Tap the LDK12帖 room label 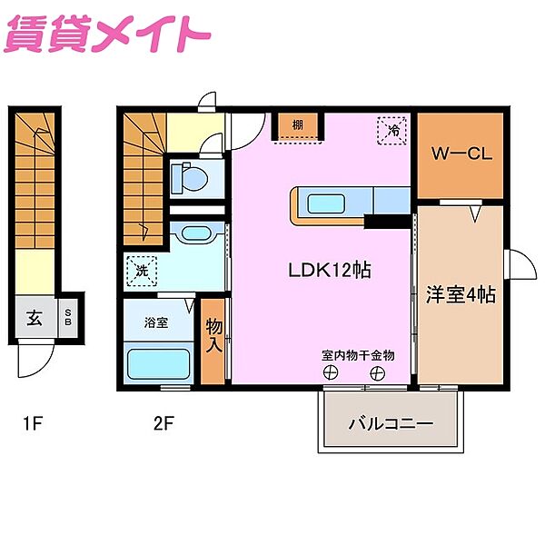(x=329, y=270)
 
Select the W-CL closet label (x=461, y=154)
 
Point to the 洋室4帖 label (x=461, y=294)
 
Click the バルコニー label (x=391, y=424)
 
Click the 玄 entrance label (x=35, y=318)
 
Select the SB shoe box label (x=69, y=318)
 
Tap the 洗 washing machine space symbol (x=143, y=270)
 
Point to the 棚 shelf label (x=298, y=124)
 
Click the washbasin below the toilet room (x=196, y=233)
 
